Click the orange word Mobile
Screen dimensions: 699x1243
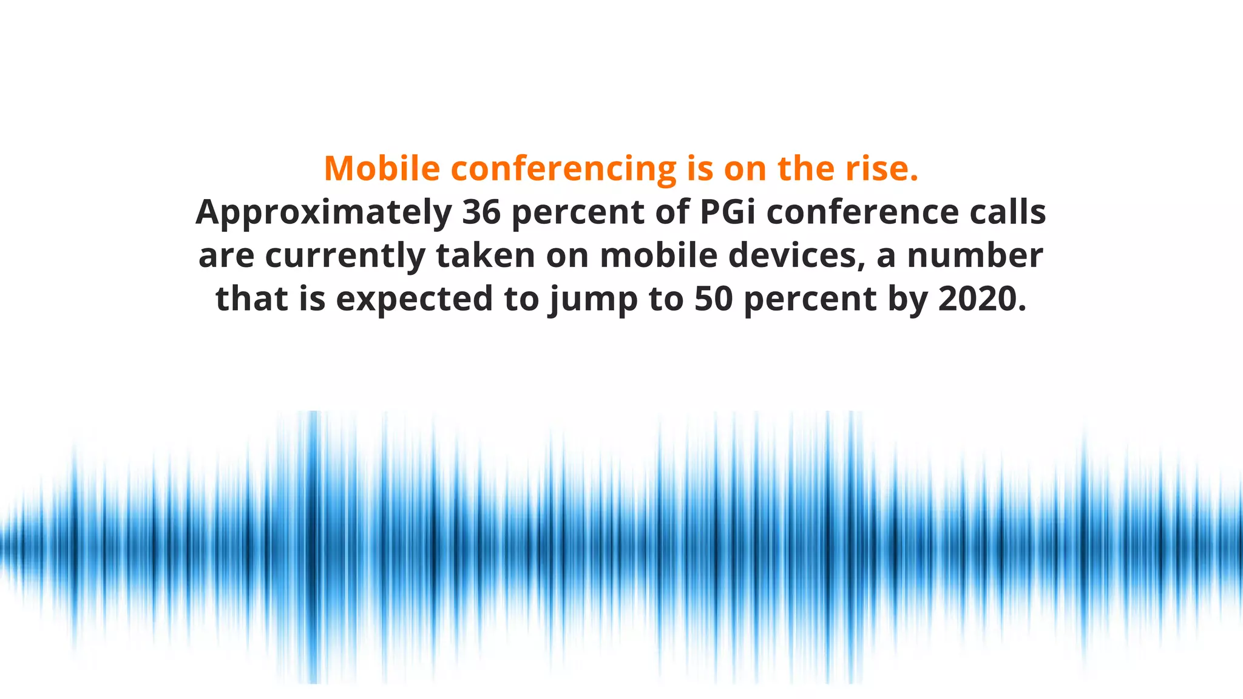click(x=382, y=168)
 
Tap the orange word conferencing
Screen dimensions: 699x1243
click(x=563, y=169)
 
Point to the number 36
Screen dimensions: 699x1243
click(x=481, y=212)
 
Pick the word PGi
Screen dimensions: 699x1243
click(x=728, y=212)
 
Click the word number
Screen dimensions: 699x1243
click(x=975, y=255)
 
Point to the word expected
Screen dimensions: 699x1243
click(x=415, y=300)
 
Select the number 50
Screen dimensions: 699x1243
click(x=714, y=299)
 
